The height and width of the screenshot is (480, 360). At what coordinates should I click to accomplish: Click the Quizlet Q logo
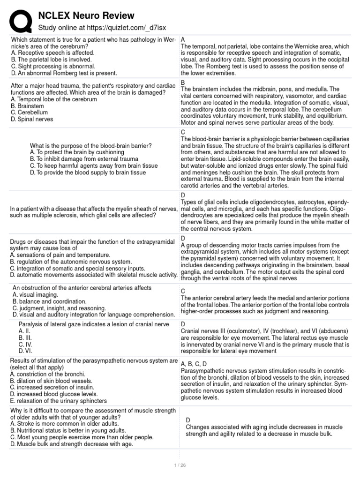pyautogui.click(x=21, y=21)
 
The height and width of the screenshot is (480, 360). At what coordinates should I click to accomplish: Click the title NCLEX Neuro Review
pyautogui.click(x=86, y=16)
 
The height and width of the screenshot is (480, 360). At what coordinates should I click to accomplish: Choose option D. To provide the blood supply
pyautogui.click(x=88, y=172)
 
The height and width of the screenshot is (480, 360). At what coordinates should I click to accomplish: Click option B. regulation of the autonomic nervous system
pyautogui.click(x=71, y=261)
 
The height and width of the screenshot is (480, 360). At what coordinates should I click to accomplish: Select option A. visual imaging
pyautogui.click(x=35, y=294)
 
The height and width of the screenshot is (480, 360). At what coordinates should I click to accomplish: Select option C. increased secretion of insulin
pyautogui.click(x=52, y=387)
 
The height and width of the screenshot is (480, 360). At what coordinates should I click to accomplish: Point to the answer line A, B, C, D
pyautogui.click(x=194, y=363)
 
